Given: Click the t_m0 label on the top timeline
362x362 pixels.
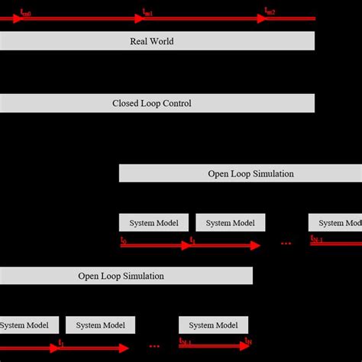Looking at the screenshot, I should pyautogui.click(x=25, y=12).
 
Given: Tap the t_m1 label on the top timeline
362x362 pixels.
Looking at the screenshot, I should pyautogui.click(x=148, y=12).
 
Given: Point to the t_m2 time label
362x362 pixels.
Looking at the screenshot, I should pyautogui.click(x=270, y=11).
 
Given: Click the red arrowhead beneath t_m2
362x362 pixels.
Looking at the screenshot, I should pyautogui.click(x=262, y=18).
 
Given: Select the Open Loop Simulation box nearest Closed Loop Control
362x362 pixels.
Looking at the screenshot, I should pyautogui.click(x=241, y=173).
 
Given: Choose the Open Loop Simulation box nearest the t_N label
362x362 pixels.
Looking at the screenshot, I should pyautogui.click(x=126, y=276).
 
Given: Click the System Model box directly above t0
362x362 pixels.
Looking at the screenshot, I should pyautogui.click(x=154, y=223).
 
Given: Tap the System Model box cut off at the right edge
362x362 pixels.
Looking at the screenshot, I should pyautogui.click(x=335, y=223).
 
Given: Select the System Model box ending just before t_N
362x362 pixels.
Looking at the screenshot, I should pyautogui.click(x=213, y=325).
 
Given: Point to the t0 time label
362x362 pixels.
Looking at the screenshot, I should pyautogui.click(x=124, y=240).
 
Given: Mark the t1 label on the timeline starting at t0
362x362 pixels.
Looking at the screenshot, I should pyautogui.click(x=193, y=241).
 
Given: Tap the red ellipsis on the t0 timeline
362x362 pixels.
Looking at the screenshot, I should pyautogui.click(x=286, y=244).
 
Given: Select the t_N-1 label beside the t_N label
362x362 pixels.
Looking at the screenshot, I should pyautogui.click(x=186, y=342).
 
